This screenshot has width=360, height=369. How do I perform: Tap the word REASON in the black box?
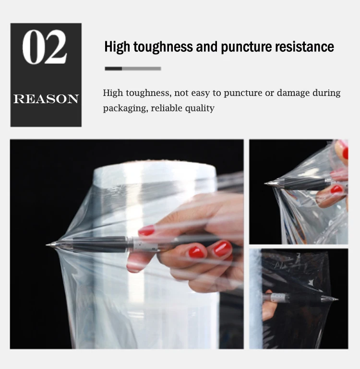[x=46, y=99]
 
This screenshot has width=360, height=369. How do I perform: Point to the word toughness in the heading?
[x=163, y=47]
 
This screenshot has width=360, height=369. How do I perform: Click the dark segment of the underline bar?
[x=113, y=69]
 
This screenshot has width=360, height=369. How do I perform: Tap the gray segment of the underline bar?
[x=142, y=69]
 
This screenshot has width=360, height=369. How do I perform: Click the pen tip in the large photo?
[x=48, y=245]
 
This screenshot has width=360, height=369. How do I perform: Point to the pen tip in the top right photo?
[x=267, y=183]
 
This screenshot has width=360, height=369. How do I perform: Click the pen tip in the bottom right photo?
[x=336, y=299]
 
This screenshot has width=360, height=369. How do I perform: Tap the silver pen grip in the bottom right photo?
[x=278, y=298]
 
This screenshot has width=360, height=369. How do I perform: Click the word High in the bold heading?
[x=117, y=47]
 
